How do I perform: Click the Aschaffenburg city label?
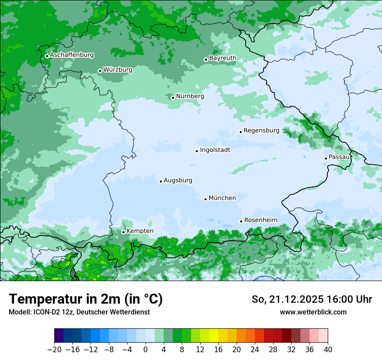click(72, 55)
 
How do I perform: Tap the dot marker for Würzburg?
click(100, 71)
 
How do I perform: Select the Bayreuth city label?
click(223, 58)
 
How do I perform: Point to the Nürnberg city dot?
click(173, 98)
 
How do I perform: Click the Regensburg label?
click(261, 131)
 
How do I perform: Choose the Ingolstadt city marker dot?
click(197, 151)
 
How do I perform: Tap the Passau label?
click(339, 157)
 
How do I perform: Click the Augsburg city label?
click(178, 180)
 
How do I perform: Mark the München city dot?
click(205, 200)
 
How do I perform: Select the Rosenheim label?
click(260, 220)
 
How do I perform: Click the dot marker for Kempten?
click(123, 232)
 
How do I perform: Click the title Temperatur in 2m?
click(86, 299)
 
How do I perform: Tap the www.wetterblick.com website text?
click(313, 312)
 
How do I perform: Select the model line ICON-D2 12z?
click(79, 312)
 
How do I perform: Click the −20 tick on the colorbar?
click(55, 349)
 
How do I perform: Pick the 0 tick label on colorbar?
click(145, 349)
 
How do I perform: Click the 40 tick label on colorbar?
click(328, 349)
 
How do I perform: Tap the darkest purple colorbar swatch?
click(59, 336)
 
